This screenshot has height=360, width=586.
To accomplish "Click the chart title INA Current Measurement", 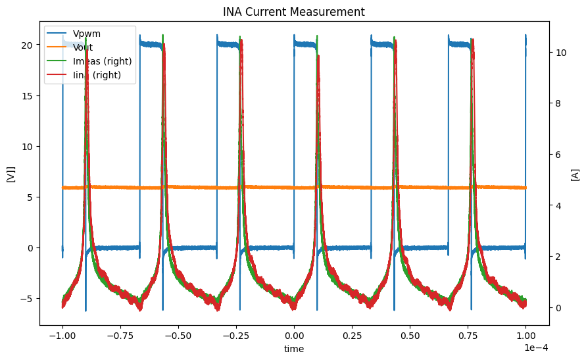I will pos(293,11).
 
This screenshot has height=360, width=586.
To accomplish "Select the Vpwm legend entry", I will pos(87,33).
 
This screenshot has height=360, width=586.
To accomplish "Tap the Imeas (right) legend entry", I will pos(103,61).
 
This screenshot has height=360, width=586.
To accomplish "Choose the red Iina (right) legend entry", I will pos(99,76).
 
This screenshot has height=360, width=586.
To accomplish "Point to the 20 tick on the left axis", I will pos(27,45).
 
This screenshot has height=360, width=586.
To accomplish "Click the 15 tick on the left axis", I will pos(27,95).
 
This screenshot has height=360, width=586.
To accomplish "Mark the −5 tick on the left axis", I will pos(27,299).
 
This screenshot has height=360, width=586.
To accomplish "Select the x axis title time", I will pos(293,349).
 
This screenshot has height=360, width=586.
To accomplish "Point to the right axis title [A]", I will pos(575,174).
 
